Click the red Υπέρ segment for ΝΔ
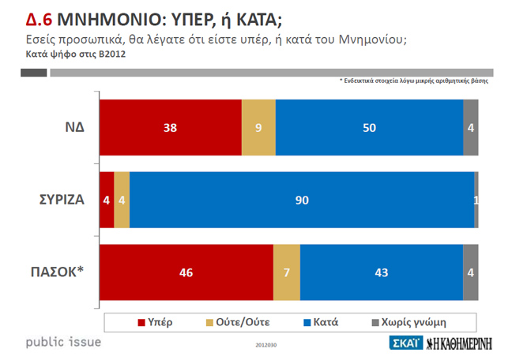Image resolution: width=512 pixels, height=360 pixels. (170, 127)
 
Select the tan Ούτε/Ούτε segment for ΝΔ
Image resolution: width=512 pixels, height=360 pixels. (258, 127)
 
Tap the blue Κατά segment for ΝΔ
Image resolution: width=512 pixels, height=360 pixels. (369, 127)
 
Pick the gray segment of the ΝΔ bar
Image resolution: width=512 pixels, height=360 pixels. (470, 127)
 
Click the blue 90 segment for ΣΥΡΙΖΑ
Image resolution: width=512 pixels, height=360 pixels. (301, 200)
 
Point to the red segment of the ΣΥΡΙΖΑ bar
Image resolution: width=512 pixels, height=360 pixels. (107, 200)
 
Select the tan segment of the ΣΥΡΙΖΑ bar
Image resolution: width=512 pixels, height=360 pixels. (122, 200)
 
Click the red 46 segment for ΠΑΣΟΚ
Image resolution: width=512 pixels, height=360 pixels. (186, 272)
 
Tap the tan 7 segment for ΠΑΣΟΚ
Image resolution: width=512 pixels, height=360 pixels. (287, 272)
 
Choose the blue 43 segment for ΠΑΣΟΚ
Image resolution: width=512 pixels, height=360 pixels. (382, 272)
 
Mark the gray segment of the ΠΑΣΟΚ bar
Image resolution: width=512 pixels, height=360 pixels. (470, 272)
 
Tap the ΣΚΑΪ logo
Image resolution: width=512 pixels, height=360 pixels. (406, 343)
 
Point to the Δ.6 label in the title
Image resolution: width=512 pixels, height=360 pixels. (39, 17)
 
